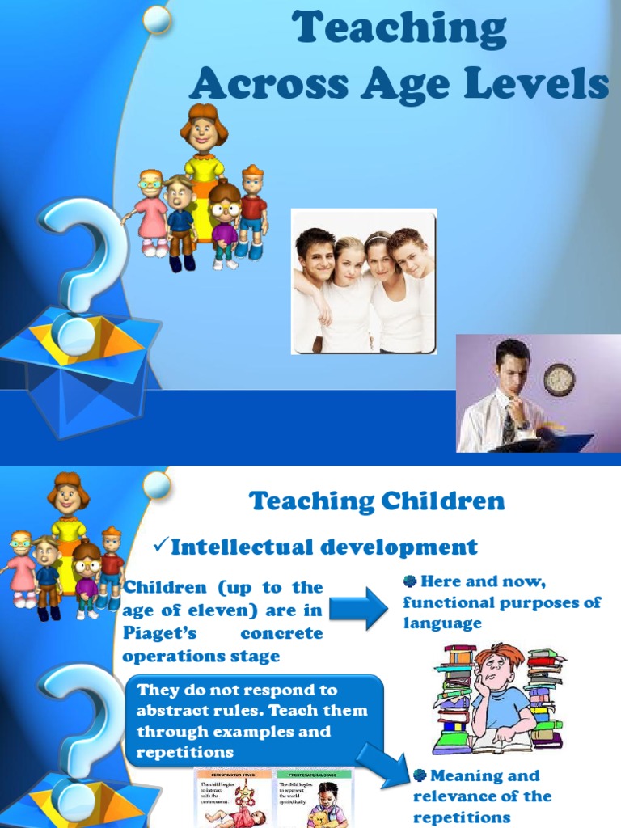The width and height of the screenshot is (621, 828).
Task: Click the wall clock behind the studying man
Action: pos(559,379)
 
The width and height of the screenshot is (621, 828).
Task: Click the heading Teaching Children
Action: pos(377,501)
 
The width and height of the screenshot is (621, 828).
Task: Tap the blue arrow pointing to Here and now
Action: pos(357,608)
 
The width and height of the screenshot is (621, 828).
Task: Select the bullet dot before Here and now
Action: pos(409,582)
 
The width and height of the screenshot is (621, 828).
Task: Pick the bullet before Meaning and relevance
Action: pos(420,775)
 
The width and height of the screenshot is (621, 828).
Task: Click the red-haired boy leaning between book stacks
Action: pos(500,695)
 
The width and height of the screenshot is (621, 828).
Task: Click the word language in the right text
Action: pos(441,623)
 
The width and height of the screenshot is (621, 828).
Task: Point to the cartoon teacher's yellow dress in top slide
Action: pos(203,171)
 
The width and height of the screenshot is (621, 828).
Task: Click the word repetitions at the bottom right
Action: pos(462,817)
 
